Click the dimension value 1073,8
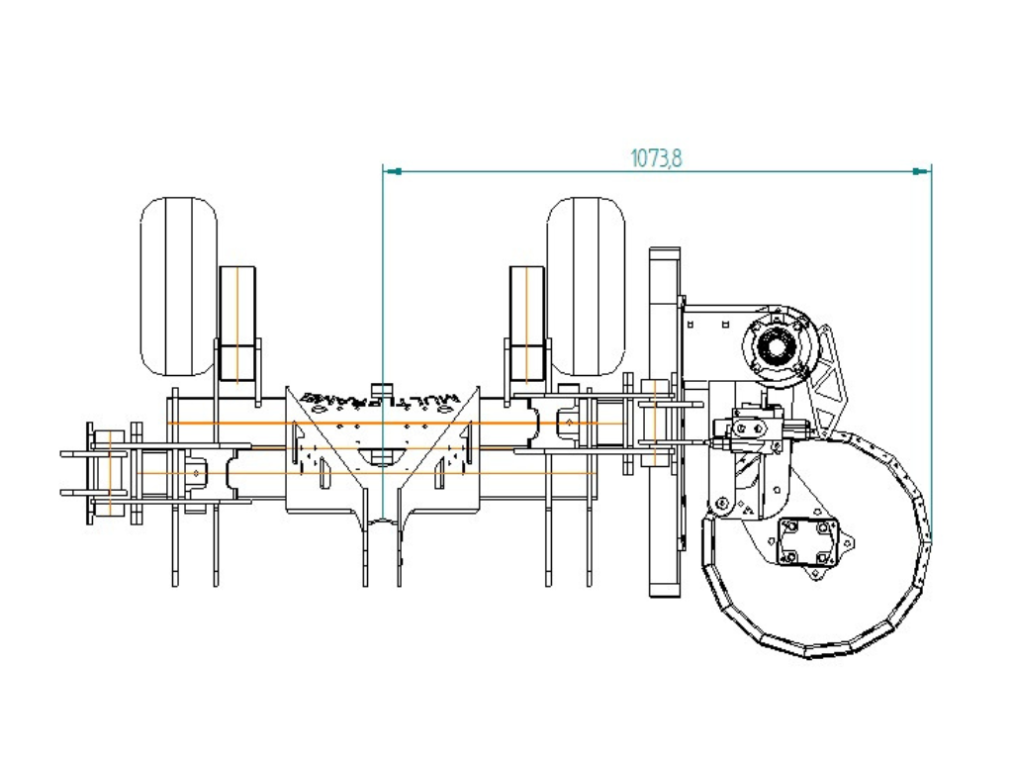(656, 157)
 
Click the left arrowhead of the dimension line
(391, 172)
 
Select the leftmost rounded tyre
(178, 286)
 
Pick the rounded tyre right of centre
(586, 286)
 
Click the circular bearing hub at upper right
(779, 344)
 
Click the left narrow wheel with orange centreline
(236, 323)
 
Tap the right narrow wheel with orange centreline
(526, 323)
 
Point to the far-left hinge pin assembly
(102, 473)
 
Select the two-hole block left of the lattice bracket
(748, 428)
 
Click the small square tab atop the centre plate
(381, 387)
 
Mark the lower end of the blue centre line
(383, 519)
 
